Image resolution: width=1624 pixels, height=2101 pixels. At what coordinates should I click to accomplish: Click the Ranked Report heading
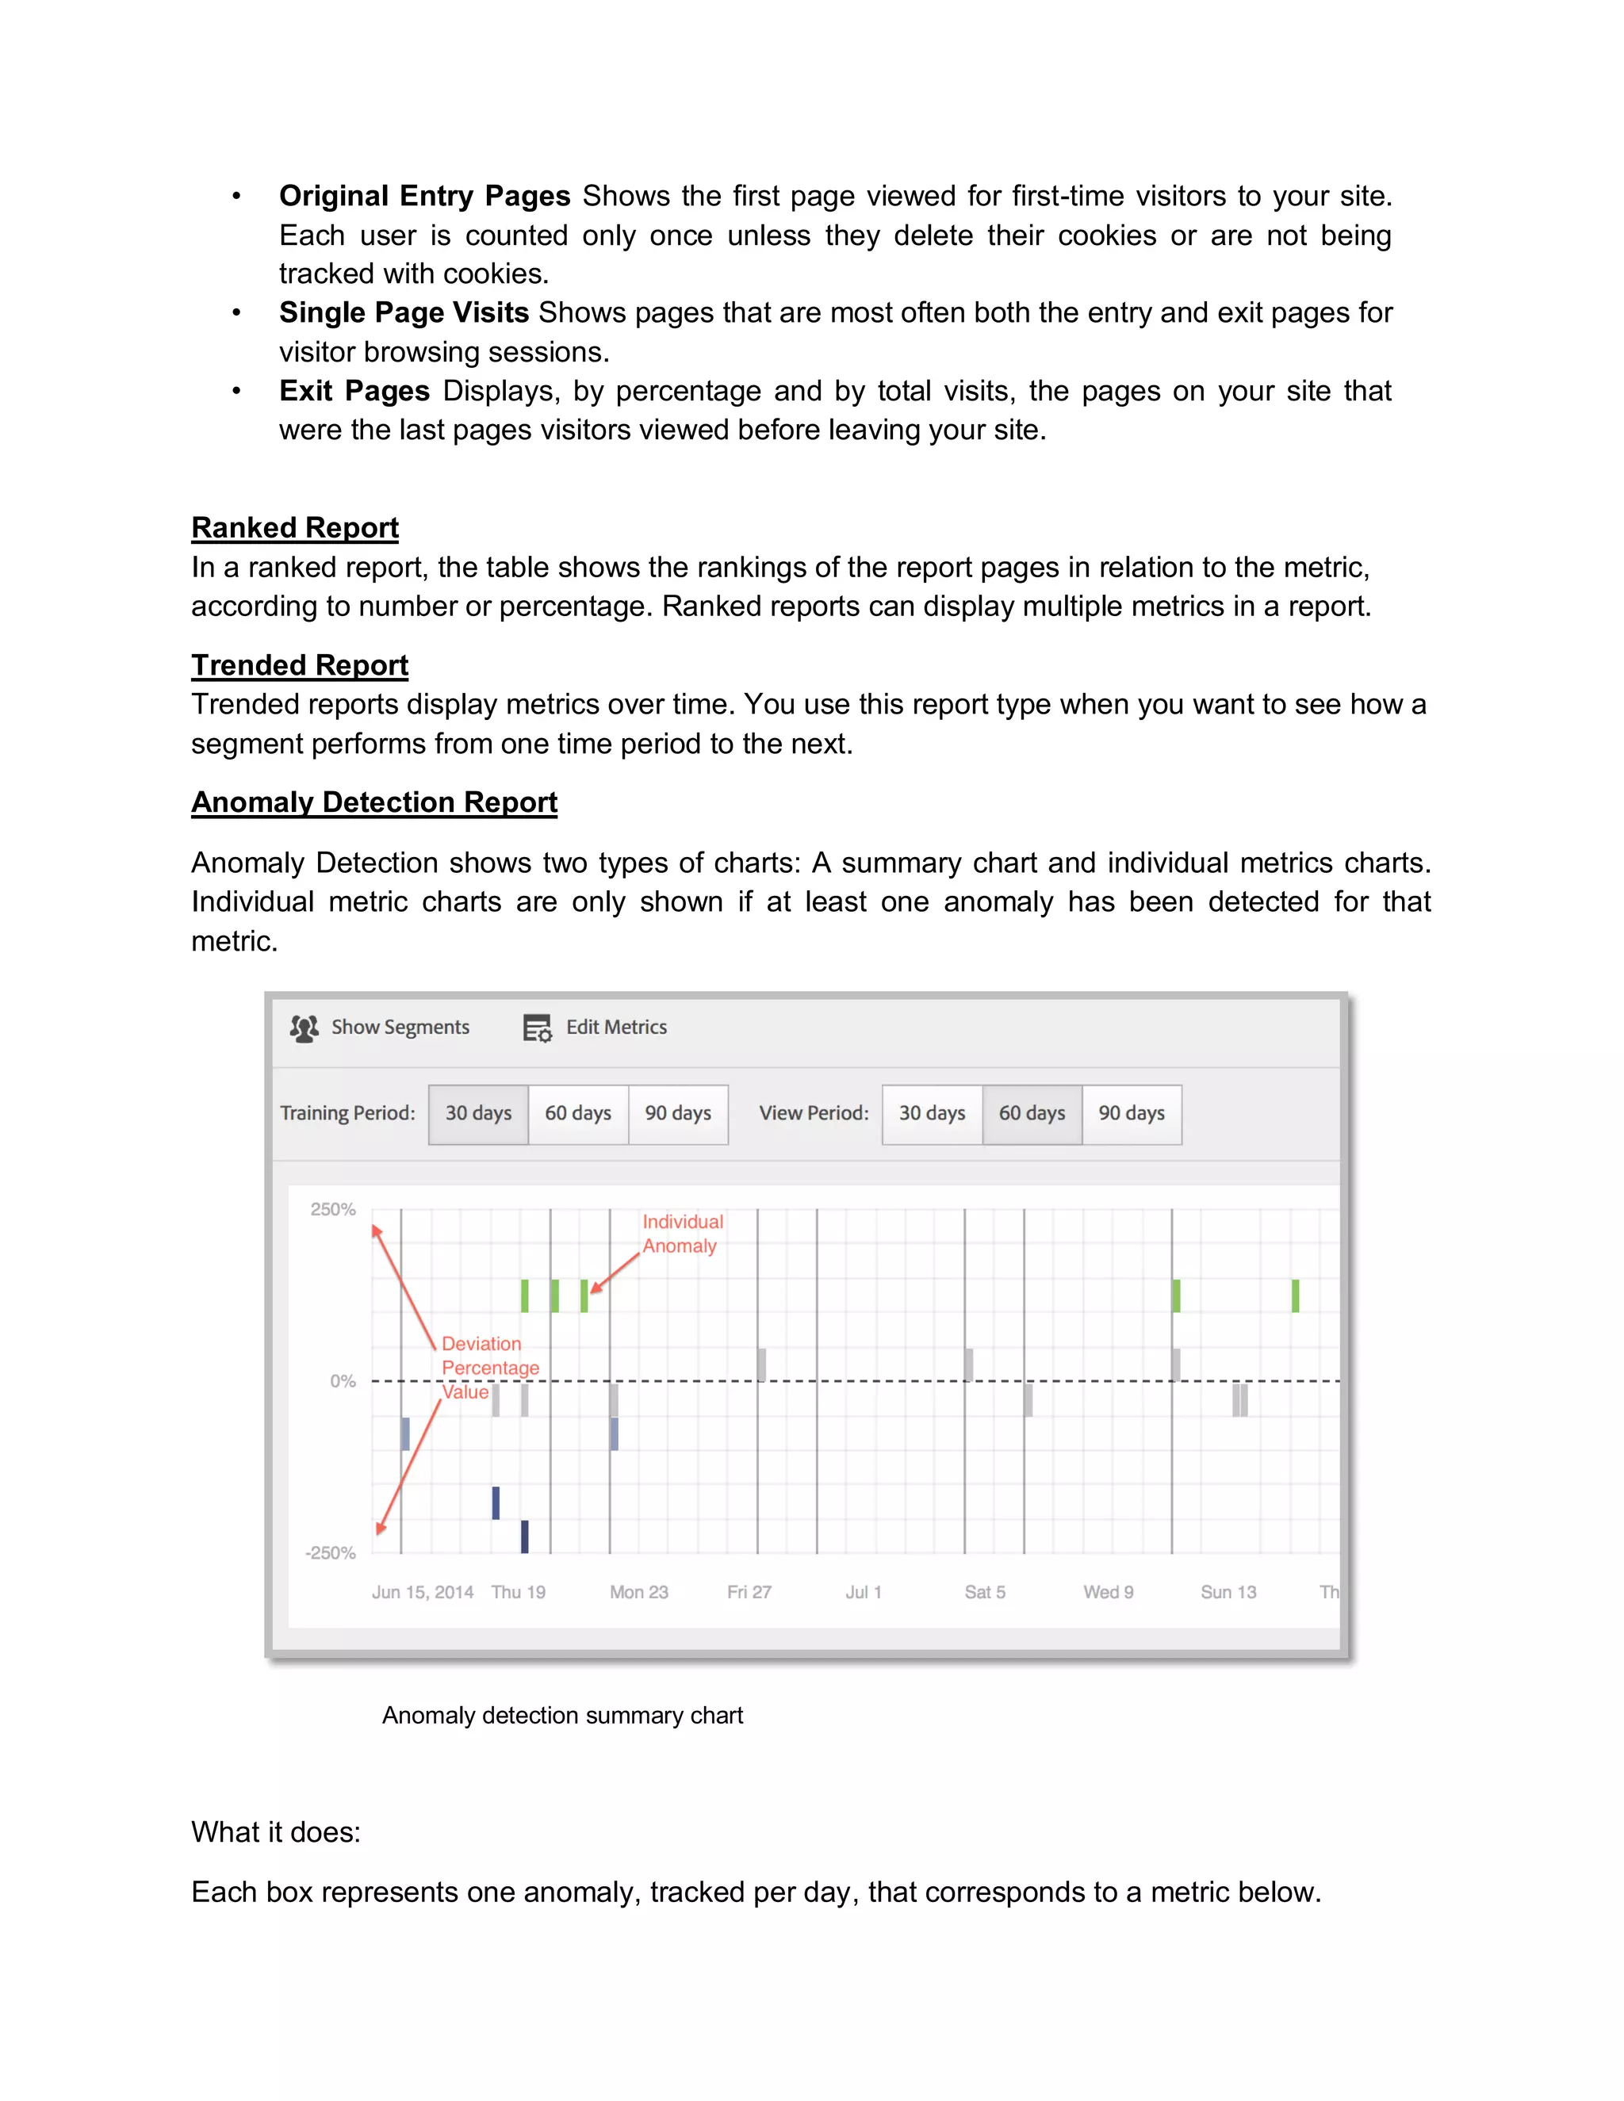coord(294,527)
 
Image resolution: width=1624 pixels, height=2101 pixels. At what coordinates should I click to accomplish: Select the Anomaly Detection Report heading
coord(373,802)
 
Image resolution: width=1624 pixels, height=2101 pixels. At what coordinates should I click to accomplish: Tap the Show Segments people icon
coord(304,1028)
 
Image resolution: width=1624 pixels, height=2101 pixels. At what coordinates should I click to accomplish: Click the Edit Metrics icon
coord(537,1028)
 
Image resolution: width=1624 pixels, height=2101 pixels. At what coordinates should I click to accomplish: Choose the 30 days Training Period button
coord(478,1113)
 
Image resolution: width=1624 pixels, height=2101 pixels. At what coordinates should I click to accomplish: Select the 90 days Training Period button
coord(677,1113)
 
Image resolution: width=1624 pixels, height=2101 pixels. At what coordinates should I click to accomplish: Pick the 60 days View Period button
coord(1032,1113)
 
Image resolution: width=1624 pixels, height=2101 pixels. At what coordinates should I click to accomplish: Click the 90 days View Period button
coord(1132,1113)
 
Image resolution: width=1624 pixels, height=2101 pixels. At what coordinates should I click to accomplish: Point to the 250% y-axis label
coord(333,1209)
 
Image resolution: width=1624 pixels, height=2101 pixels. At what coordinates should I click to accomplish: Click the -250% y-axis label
coord(330,1552)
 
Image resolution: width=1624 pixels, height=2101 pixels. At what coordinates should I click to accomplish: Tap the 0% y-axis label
coord(343,1380)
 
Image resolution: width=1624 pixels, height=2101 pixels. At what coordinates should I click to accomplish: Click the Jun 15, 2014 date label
coord(423,1592)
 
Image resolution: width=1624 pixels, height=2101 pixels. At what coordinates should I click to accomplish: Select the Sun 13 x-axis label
coord(1228,1592)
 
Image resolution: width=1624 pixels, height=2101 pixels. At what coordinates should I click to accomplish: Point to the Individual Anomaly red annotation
coord(682,1234)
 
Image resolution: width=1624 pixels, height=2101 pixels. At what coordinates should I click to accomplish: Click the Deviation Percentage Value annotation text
coord(490,1367)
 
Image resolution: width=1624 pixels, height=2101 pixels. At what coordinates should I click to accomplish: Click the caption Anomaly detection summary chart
coord(562,1715)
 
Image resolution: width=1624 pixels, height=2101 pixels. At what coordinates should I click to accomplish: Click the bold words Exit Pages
coord(354,391)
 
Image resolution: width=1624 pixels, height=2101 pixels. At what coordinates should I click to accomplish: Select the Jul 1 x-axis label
coord(863,1592)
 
